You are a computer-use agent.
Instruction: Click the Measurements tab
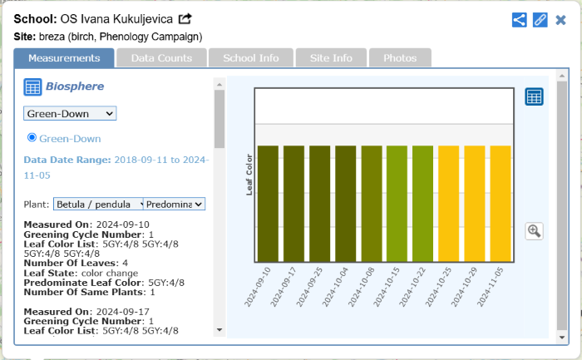click(63, 58)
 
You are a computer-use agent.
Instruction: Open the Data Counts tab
click(161, 58)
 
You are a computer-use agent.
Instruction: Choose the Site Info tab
click(330, 58)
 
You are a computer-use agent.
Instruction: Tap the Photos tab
click(399, 58)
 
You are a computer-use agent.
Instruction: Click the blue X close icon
click(560, 19)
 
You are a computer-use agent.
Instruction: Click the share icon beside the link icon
click(519, 19)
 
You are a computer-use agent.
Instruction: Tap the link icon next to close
click(540, 19)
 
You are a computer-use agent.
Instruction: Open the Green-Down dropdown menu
click(70, 113)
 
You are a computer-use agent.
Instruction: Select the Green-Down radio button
click(32, 137)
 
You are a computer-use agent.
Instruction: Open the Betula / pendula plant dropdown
click(98, 204)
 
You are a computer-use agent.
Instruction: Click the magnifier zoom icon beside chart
click(534, 231)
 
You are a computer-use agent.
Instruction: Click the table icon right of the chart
click(534, 96)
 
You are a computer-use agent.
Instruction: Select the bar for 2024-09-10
click(268, 204)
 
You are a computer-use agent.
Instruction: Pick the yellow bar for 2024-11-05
click(501, 204)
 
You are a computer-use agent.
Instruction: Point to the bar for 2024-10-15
click(397, 204)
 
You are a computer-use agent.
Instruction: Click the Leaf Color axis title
click(249, 174)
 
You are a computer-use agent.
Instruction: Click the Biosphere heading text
click(74, 86)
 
